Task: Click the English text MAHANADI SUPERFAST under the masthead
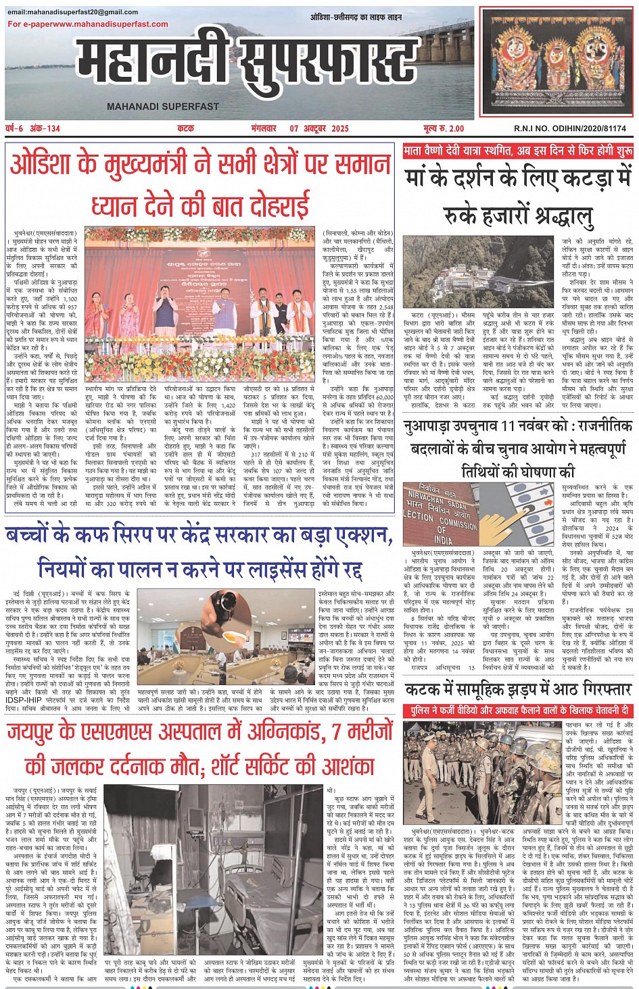(x=163, y=107)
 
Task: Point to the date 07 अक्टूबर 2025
(x=319, y=128)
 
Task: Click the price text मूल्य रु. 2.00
(x=444, y=128)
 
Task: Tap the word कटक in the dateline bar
(x=185, y=128)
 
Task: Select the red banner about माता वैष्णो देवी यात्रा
(x=517, y=151)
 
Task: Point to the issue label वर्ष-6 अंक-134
(x=33, y=128)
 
